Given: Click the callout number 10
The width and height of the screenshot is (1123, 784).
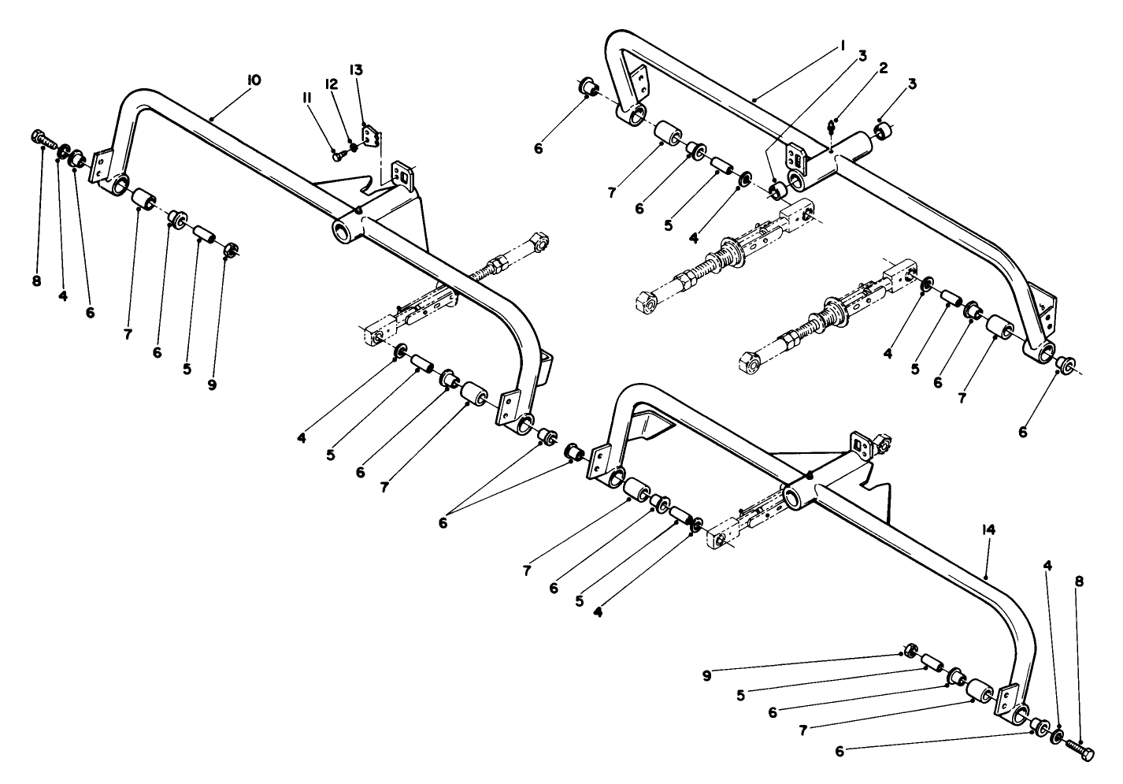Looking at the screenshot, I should pyautogui.click(x=254, y=80).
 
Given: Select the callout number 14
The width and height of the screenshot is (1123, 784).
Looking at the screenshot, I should pyautogui.click(x=989, y=531).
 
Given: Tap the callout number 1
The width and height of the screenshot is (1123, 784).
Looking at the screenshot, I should pyautogui.click(x=842, y=46).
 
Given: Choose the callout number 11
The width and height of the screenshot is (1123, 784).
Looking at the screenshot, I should pyautogui.click(x=306, y=98).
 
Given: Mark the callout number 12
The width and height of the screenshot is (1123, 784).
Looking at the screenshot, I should pyautogui.click(x=332, y=84).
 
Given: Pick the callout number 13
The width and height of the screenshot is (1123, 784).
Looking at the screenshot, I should pyautogui.click(x=356, y=70).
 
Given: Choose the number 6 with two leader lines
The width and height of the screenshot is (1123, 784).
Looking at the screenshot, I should pyautogui.click(x=443, y=522).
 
